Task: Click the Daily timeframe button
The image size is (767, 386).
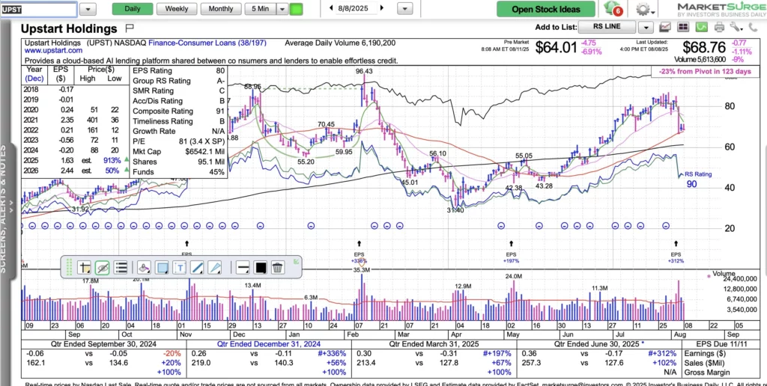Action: [132, 9]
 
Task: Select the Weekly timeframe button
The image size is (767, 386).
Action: [177, 9]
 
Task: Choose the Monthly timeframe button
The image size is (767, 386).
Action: [220, 9]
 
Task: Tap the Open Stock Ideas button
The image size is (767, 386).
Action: [545, 10]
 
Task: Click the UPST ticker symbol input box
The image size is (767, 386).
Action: [38, 10]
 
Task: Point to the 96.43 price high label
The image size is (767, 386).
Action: [365, 72]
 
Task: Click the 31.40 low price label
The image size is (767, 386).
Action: [455, 211]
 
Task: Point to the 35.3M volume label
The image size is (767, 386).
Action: [362, 269]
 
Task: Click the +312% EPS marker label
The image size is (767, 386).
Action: [676, 262]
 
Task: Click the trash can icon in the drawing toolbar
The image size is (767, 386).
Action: [278, 267]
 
